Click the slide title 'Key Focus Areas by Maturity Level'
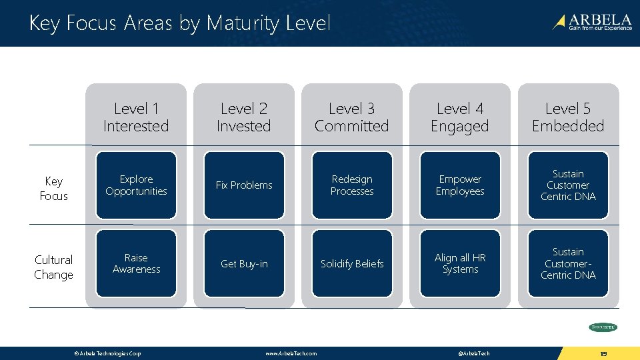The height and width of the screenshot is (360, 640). [x=179, y=23]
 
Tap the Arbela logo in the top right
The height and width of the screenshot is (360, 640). [x=591, y=23]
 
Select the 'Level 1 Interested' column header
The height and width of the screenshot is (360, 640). [x=136, y=117]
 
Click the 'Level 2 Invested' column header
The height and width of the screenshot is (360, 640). [x=244, y=117]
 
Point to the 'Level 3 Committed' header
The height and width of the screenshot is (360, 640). [x=352, y=117]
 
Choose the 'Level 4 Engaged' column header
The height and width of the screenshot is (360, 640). [x=460, y=117]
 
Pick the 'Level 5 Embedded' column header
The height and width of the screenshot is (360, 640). [x=568, y=117]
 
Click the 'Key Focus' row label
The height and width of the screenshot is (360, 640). [x=54, y=189]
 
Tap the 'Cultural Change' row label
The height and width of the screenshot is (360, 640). [x=54, y=267]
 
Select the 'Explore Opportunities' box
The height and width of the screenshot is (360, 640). [x=136, y=185]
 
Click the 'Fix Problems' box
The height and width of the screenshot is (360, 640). [x=244, y=185]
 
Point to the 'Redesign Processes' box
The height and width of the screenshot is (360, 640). [x=352, y=185]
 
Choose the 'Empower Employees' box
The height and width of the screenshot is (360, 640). [x=460, y=185]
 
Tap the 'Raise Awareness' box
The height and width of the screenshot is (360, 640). [x=136, y=263]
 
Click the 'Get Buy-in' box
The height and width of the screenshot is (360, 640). [x=244, y=263]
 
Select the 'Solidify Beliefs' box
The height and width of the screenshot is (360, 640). [x=352, y=263]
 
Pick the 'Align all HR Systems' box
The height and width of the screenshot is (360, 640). [x=460, y=263]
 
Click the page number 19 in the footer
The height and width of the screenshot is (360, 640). [x=603, y=353]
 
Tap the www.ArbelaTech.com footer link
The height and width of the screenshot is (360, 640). [x=291, y=353]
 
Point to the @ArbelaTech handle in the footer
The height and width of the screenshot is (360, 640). [x=474, y=353]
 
